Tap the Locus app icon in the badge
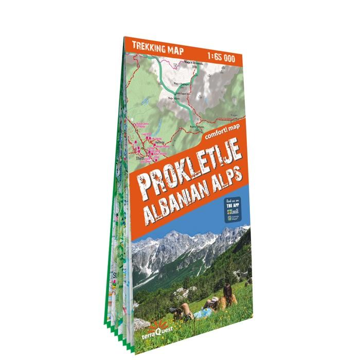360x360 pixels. (230, 211)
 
